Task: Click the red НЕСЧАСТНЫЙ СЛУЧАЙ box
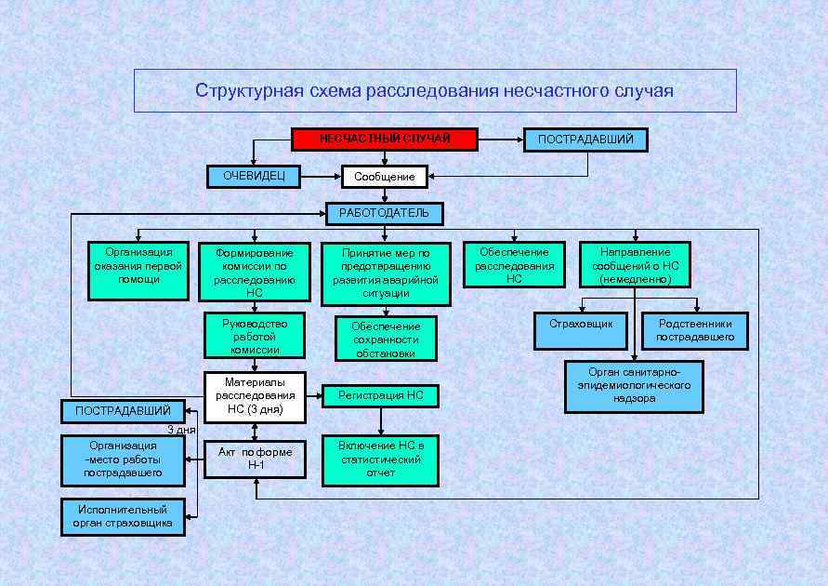(385, 140)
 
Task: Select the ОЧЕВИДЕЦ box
(254, 176)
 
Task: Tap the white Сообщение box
(385, 176)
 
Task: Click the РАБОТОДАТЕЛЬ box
(384, 213)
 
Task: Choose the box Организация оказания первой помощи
(138, 271)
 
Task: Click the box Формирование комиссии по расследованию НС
(254, 272)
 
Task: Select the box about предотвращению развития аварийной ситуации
(386, 273)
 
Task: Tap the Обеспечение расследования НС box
(514, 265)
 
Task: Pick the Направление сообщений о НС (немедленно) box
(635, 265)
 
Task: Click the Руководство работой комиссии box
(255, 336)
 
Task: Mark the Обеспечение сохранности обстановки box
(386, 339)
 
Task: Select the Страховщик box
(581, 330)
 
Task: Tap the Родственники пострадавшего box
(694, 330)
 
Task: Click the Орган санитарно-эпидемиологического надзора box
(634, 386)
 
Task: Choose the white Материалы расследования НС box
(255, 395)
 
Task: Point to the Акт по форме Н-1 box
(255, 459)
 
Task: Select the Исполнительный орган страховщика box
(122, 516)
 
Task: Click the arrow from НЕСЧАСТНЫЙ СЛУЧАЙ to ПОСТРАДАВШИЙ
(501, 140)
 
